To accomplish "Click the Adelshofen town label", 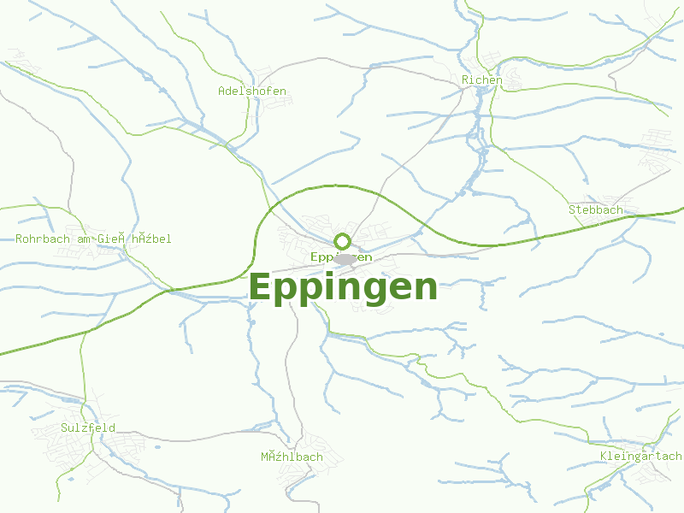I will (x=252, y=91).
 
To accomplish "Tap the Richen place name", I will (x=481, y=80).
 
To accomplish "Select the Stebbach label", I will (x=596, y=209).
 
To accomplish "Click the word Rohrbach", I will (x=44, y=239).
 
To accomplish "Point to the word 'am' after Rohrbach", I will (x=84, y=239).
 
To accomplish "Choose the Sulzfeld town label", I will (x=88, y=427).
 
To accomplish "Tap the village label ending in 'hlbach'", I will (x=292, y=457).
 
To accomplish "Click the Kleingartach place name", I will (x=641, y=456).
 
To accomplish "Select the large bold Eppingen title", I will (x=343, y=287).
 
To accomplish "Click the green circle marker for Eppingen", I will (x=343, y=241).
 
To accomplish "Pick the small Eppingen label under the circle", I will (x=341, y=256).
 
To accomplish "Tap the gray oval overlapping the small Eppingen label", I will (x=345, y=258).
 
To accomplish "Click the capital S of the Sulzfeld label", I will (x=64, y=427).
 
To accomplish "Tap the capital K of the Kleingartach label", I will (x=604, y=456).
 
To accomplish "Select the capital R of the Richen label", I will (x=465, y=80).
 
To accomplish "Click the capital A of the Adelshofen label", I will (x=221, y=91).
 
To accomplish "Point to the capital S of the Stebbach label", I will (x=572, y=209).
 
